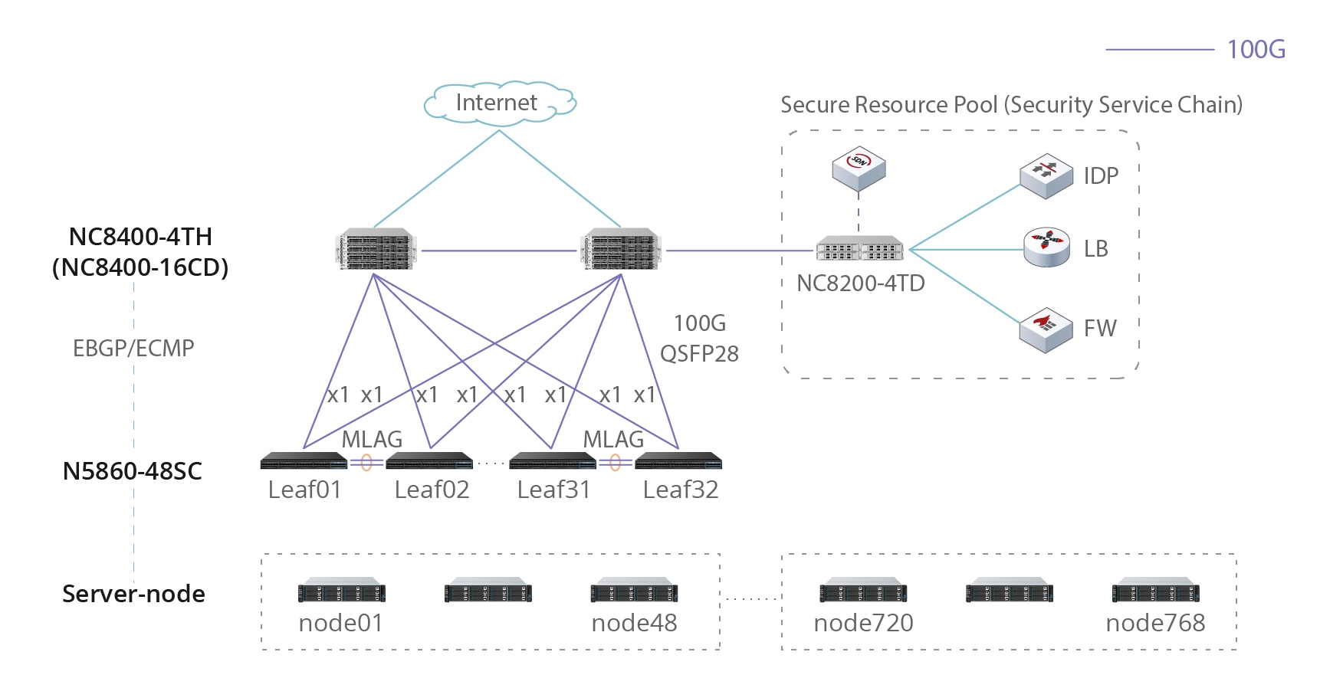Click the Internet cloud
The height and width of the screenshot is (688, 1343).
click(x=499, y=103)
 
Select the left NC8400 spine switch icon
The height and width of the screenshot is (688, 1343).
click(x=376, y=249)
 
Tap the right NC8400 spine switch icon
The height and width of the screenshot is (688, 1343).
click(x=621, y=249)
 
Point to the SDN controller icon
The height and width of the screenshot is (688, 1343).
click(x=859, y=168)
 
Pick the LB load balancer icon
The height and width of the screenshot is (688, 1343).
click(x=1046, y=247)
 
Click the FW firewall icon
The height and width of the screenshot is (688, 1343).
click(x=1046, y=329)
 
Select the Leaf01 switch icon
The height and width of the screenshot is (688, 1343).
click(x=304, y=461)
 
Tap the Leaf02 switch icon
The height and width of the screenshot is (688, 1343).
click(x=429, y=461)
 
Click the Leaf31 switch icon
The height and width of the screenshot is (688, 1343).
click(x=553, y=461)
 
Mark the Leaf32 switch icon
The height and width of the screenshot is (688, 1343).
click(x=678, y=461)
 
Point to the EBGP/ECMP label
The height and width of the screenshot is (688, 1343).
click(x=133, y=349)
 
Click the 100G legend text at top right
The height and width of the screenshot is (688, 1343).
click(x=1256, y=50)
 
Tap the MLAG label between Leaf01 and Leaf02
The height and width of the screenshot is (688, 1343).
click(x=372, y=440)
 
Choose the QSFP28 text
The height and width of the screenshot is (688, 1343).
click(x=699, y=354)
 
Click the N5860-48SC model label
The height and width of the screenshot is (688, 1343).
click(x=133, y=471)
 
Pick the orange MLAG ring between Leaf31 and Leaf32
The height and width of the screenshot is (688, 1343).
click(x=615, y=463)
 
